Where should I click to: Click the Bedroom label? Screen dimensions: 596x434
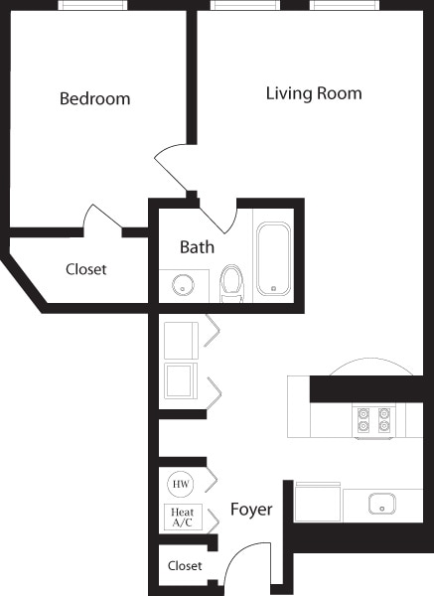(94, 99)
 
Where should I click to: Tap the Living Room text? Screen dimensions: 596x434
(314, 94)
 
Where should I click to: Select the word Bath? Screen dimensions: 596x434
(197, 246)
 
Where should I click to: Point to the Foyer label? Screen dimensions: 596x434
(251, 510)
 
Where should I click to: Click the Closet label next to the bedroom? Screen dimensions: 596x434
(86, 269)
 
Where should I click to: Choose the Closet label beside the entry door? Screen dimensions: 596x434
(185, 566)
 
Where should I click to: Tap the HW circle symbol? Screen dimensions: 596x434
(181, 484)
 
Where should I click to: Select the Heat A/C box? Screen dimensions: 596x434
(181, 517)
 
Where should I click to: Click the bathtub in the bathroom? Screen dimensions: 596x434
(273, 259)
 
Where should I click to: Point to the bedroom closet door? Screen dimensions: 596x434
(102, 219)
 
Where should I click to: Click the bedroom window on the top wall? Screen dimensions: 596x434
(91, 5)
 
